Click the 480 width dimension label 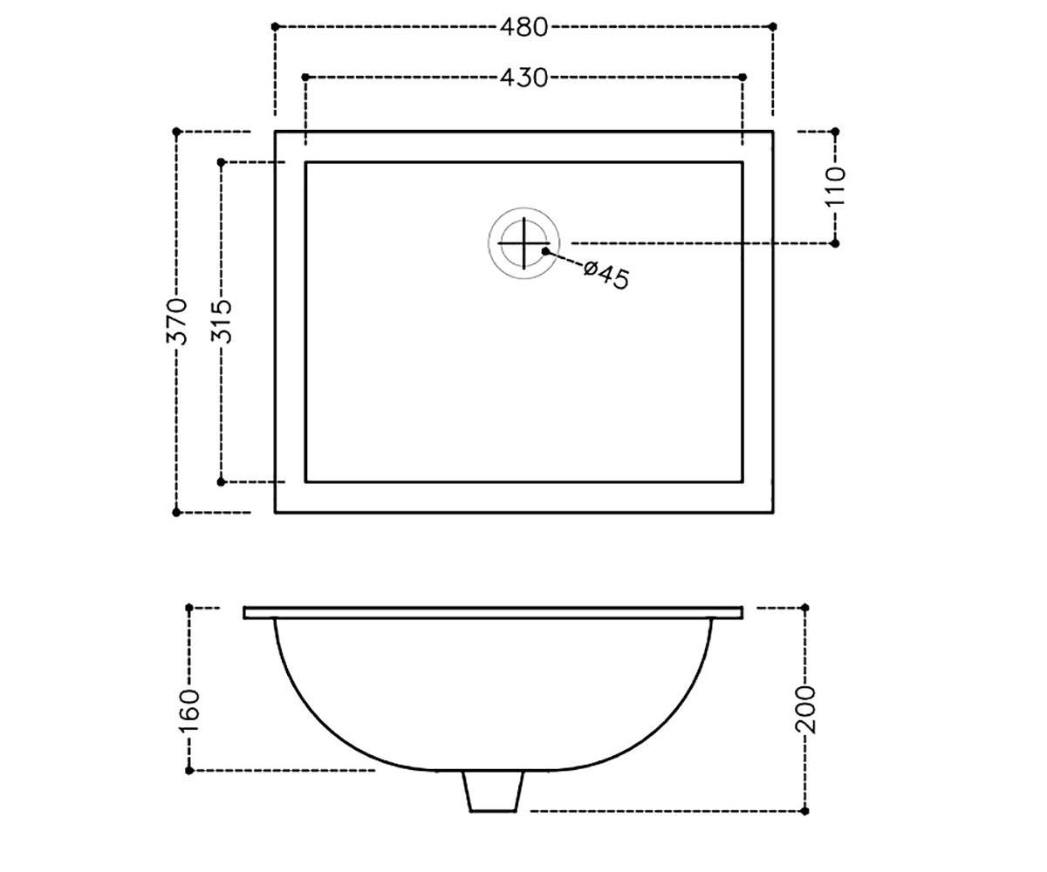(x=523, y=27)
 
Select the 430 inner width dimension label (x=523, y=78)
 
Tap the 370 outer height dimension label (x=176, y=321)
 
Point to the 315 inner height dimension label (x=221, y=321)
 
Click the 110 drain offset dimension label (x=835, y=187)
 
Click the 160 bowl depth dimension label (x=189, y=712)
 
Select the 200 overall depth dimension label (x=806, y=710)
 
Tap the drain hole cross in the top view (x=523, y=243)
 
